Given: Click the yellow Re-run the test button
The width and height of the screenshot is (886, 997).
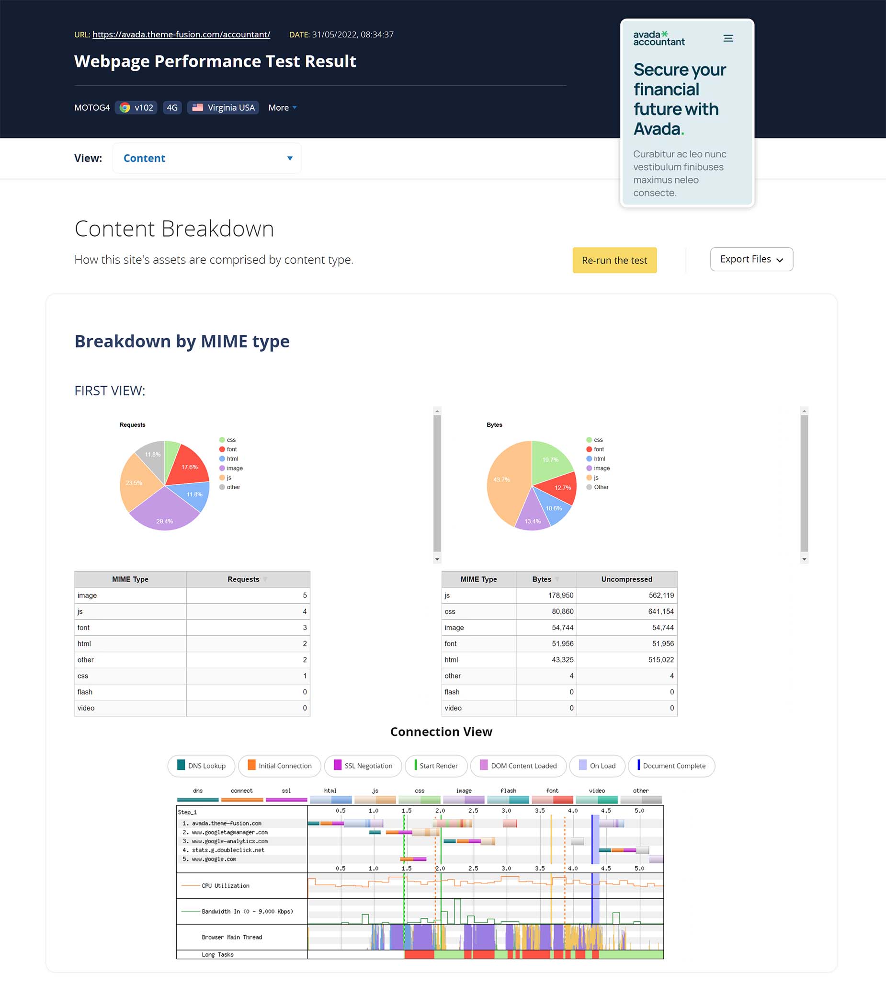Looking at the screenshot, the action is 614,260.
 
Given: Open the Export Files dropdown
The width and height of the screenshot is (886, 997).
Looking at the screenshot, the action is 751,259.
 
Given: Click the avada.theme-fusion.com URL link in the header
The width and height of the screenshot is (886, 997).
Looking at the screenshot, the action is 182,34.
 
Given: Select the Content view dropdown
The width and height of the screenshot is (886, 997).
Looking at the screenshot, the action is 207,158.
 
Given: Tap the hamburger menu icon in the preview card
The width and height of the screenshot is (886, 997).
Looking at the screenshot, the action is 728,38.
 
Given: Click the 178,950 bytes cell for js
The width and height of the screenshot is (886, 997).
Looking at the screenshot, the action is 546,595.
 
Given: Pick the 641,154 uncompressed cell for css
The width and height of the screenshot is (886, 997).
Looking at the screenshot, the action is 626,611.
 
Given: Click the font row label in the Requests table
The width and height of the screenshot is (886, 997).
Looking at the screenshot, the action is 83,627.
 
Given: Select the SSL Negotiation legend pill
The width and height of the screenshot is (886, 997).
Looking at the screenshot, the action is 363,766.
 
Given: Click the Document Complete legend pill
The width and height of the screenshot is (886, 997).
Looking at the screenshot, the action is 671,766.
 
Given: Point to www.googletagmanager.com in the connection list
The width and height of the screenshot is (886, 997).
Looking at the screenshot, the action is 230,832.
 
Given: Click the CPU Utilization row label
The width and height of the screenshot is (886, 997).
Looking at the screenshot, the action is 225,885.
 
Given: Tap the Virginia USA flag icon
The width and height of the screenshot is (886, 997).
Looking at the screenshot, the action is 197,107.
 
